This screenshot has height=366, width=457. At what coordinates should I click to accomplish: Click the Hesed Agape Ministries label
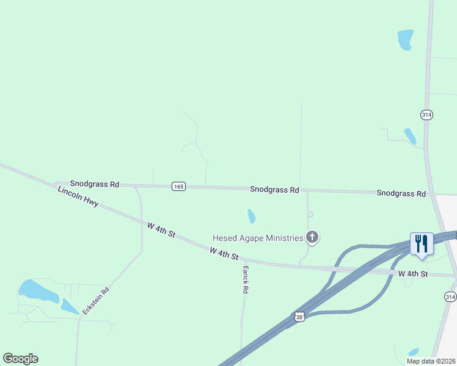click(258, 238)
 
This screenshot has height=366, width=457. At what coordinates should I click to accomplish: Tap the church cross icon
click(312, 237)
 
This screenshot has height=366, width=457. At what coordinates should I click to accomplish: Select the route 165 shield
click(178, 187)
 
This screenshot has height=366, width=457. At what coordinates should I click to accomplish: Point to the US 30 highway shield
click(299, 316)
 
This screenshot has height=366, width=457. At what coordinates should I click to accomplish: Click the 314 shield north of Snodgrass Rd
click(426, 115)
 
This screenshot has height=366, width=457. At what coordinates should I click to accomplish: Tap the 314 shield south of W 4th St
click(450, 296)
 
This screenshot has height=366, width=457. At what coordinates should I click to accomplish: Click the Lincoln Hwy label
click(78, 196)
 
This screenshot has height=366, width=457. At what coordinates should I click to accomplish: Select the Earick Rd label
click(246, 279)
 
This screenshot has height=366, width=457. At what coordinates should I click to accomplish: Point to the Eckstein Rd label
click(97, 301)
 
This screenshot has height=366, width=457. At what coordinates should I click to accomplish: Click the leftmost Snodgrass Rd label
click(95, 184)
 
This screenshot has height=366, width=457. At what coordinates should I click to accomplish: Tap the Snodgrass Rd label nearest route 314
click(401, 193)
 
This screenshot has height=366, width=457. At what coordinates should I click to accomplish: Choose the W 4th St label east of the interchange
click(414, 274)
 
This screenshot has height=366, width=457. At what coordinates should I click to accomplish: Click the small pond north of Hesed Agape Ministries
click(252, 216)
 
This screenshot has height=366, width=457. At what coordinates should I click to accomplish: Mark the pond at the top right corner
click(405, 40)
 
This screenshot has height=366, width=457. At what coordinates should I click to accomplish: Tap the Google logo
click(20, 359)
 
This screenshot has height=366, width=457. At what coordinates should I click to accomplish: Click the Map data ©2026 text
click(431, 361)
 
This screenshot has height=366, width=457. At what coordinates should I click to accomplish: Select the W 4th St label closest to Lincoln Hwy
click(161, 230)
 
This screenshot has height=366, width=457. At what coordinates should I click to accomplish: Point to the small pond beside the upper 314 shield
click(410, 135)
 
